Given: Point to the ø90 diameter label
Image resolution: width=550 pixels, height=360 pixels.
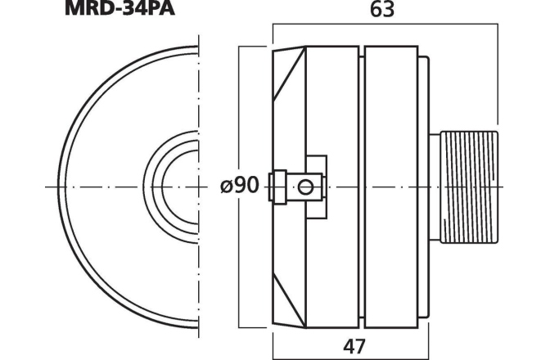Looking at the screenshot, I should point(240,186).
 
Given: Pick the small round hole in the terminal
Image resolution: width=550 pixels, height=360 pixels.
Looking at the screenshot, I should point(306,187).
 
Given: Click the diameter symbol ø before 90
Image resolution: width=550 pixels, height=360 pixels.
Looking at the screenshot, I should point(227,187).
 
